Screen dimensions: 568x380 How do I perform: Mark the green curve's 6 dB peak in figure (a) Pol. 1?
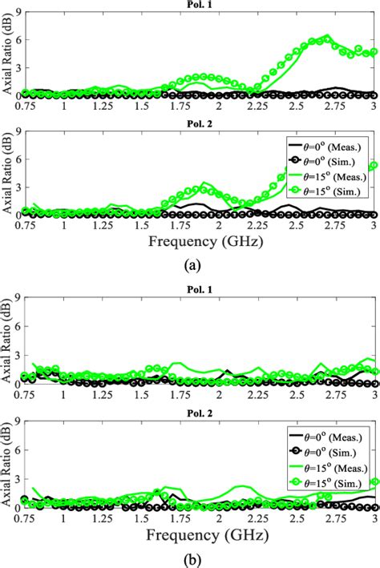326,37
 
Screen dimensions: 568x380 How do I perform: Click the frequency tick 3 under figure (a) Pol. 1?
374,105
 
